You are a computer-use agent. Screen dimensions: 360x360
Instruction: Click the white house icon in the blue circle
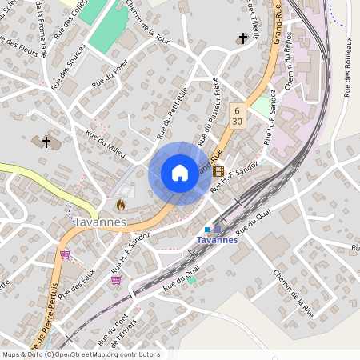[x=180, y=173]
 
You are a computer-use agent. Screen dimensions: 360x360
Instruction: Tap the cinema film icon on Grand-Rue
[x=218, y=171]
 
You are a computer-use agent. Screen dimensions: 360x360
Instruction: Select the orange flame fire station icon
[x=120, y=205]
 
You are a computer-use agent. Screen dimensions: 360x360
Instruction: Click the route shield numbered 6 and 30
[x=237, y=114]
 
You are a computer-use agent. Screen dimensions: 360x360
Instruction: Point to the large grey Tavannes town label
[x=101, y=222]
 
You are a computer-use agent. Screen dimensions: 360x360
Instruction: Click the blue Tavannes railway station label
[x=217, y=240]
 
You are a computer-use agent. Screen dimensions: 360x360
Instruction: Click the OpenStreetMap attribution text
[x=81, y=354]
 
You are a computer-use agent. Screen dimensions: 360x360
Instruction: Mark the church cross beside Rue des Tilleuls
[x=242, y=38]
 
